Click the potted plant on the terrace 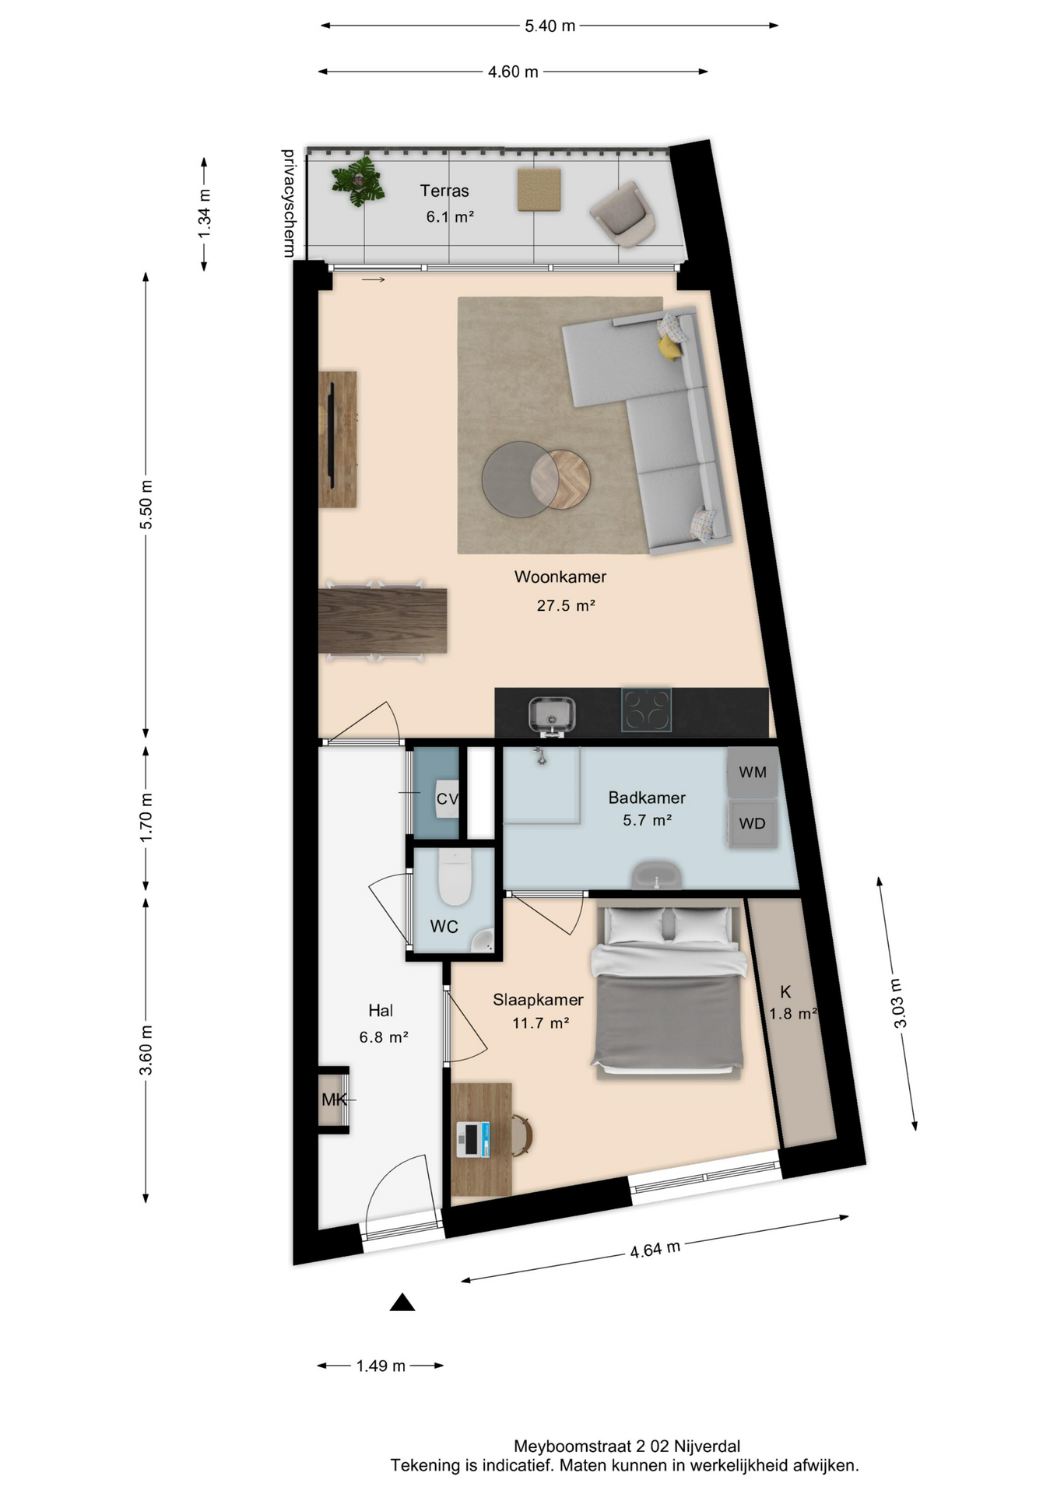[x=358, y=182]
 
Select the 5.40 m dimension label [x=550, y=26]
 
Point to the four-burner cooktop [x=646, y=710]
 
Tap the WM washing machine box [x=752, y=772]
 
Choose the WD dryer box [x=752, y=823]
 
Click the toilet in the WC [x=455, y=877]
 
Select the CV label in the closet [x=448, y=799]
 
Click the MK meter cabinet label [x=334, y=1099]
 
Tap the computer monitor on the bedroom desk [x=472, y=1139]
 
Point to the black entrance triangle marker [x=402, y=1302]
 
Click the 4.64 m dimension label [x=655, y=1249]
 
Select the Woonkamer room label [x=560, y=577]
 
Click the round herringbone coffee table [x=560, y=480]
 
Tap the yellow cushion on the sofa [x=669, y=349]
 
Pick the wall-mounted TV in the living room [x=330, y=440]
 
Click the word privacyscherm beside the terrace [x=288, y=203]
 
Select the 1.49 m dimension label [x=381, y=1366]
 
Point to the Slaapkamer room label [x=538, y=1000]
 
